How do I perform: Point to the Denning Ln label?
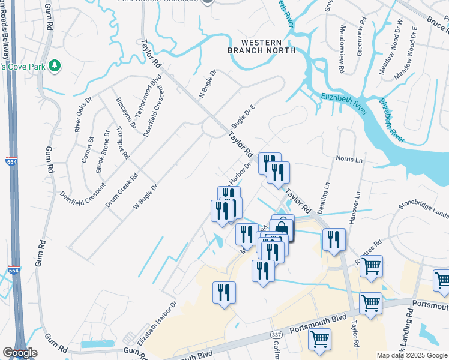point(327,194)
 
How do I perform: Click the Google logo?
point(20,353)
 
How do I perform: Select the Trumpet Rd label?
point(122,142)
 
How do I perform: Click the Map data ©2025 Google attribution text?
point(411,355)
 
